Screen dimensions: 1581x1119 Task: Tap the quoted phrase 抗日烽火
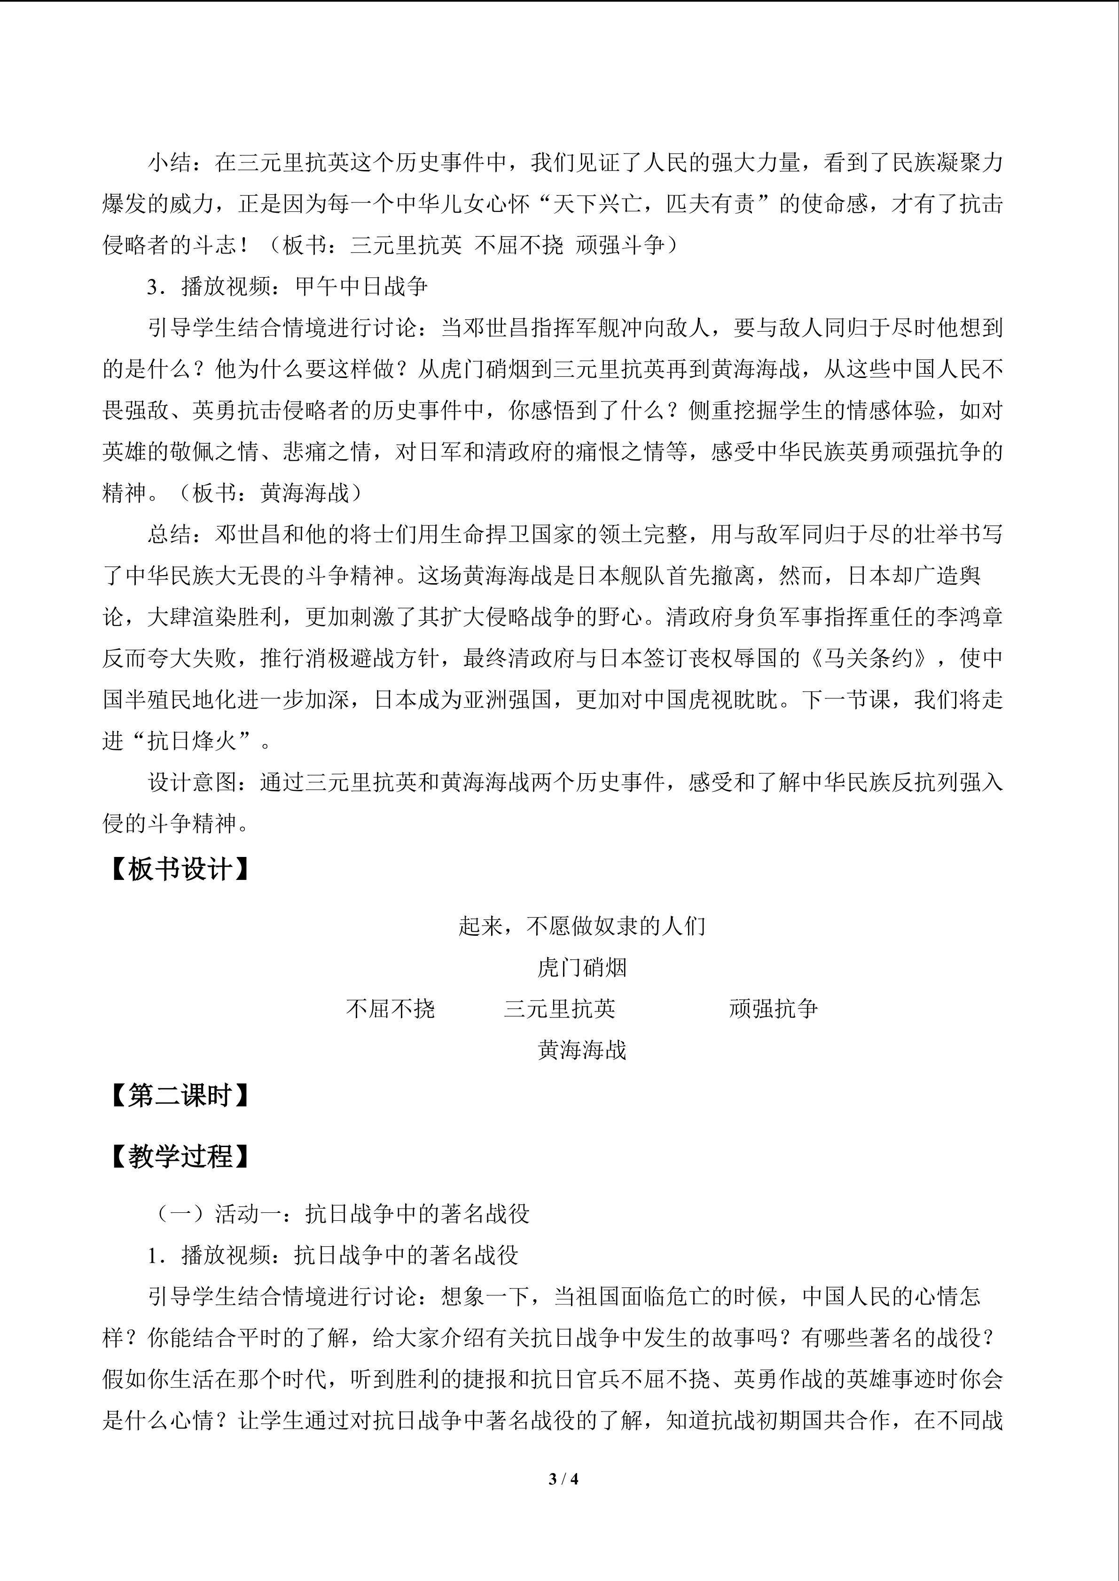coord(192,741)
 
